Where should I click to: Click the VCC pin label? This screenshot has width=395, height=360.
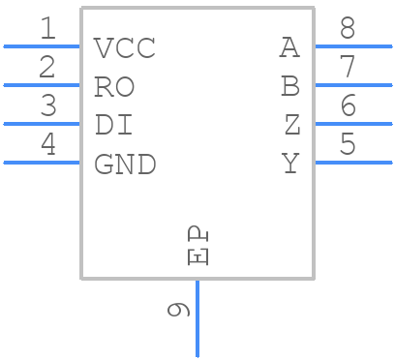click(x=125, y=47)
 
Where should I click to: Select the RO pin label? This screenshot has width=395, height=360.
click(x=114, y=86)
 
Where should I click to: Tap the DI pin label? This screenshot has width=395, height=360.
click(x=112, y=125)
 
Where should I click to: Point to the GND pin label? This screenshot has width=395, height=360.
click(x=125, y=165)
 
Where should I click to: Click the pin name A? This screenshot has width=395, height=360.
click(x=290, y=46)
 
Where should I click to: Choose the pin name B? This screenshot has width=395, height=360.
click(x=290, y=86)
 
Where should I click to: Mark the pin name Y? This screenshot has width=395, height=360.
click(x=290, y=165)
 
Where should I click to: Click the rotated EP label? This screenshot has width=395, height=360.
click(x=197, y=245)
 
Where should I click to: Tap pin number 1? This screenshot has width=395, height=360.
click(x=46, y=29)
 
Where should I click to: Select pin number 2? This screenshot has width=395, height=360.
click(x=46, y=68)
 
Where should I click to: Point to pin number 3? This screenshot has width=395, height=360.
click(x=46, y=106)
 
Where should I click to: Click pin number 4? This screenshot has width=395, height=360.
click(x=46, y=145)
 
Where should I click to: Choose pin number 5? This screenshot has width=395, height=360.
click(x=348, y=145)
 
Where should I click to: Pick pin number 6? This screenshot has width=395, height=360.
click(x=348, y=106)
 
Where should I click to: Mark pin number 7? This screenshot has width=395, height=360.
click(x=348, y=68)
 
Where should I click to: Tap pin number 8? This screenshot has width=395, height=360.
click(x=348, y=29)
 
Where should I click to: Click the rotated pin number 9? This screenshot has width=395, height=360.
click(x=178, y=310)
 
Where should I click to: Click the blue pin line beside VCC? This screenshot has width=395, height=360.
click(x=43, y=45)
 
